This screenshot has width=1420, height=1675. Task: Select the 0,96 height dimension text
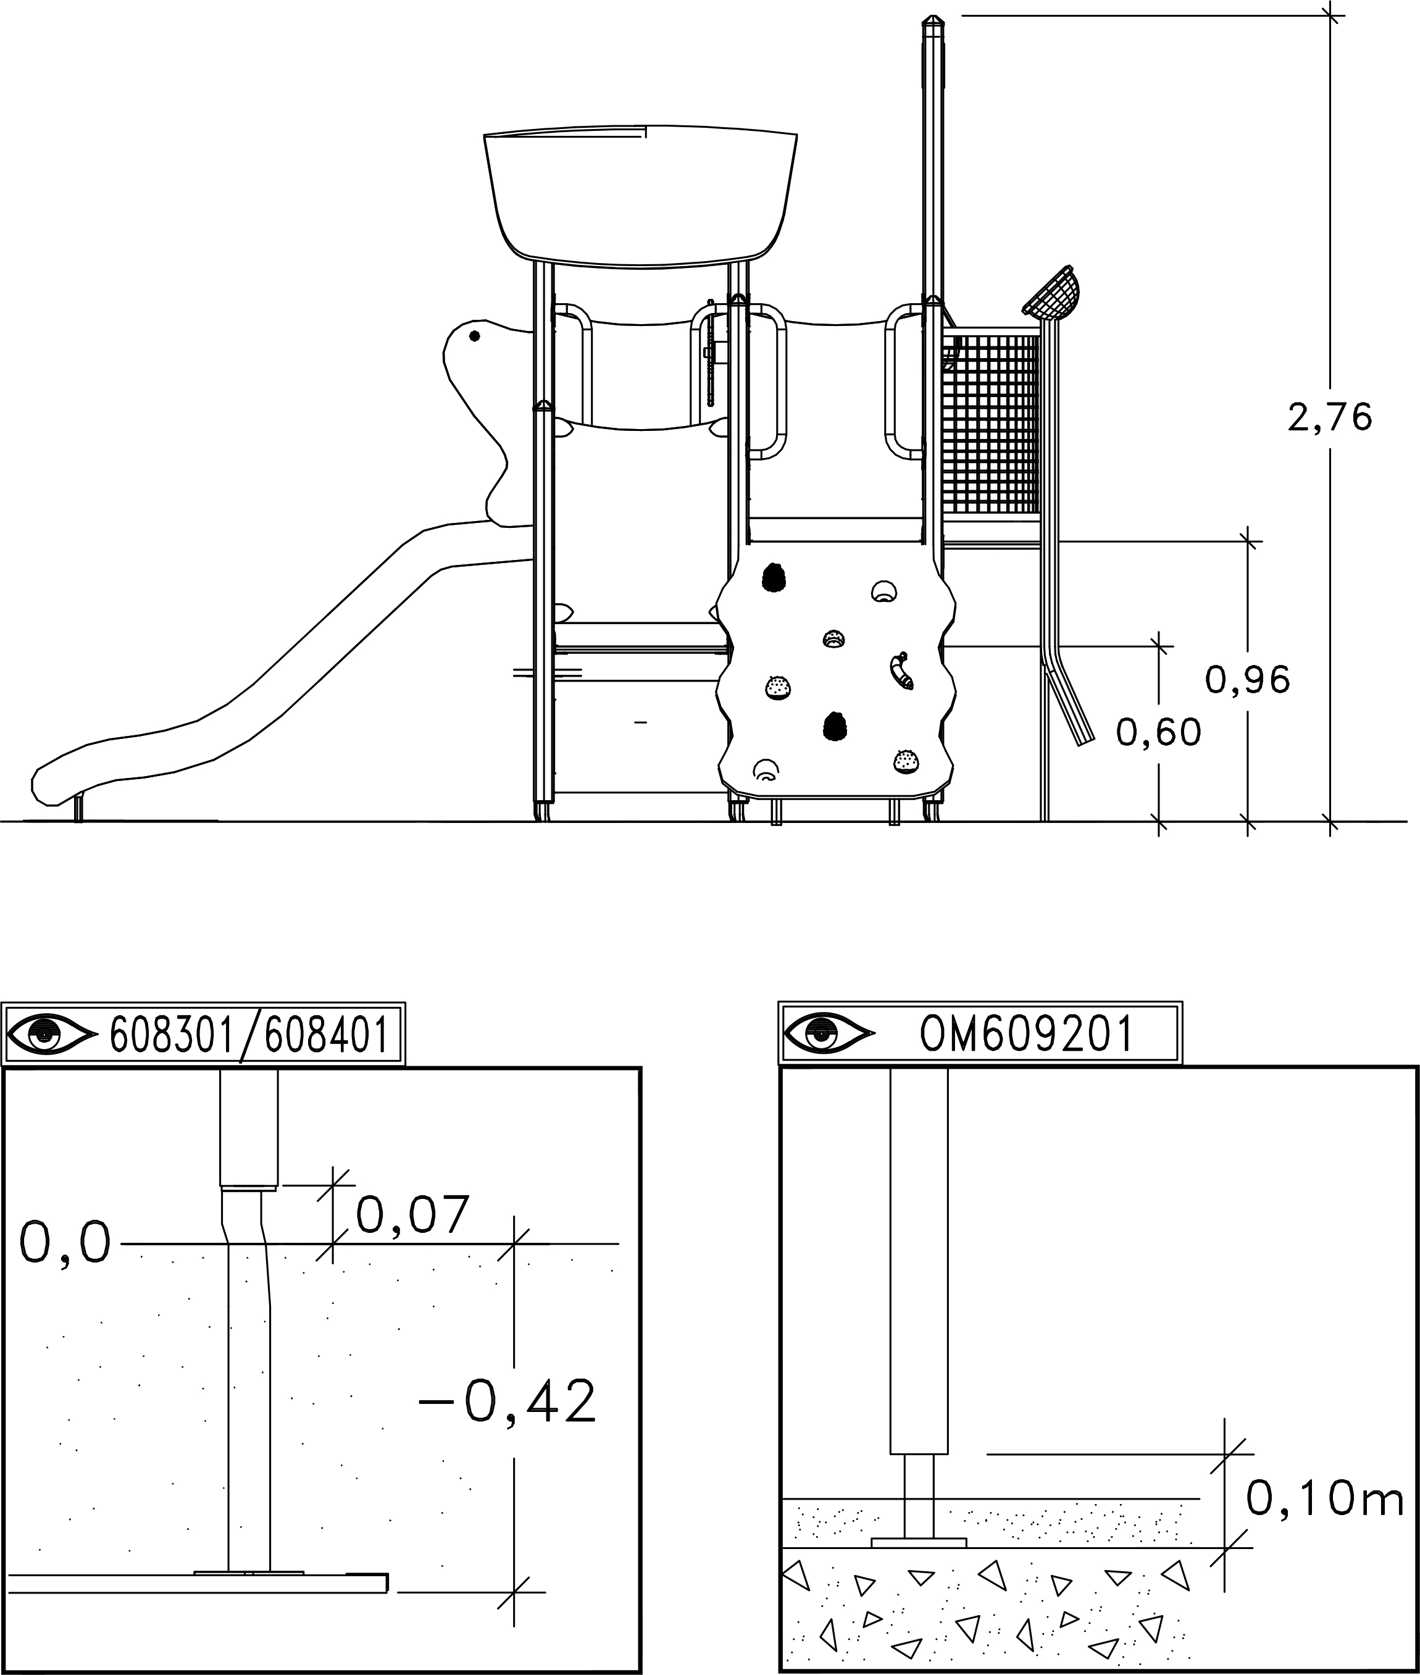[x=1248, y=680]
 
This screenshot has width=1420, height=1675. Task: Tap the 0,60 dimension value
[x=1158, y=732]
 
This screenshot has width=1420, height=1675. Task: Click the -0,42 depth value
[x=507, y=1401]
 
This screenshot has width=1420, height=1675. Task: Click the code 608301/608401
[x=249, y=1035]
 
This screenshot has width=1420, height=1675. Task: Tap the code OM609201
[x=1025, y=1034]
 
